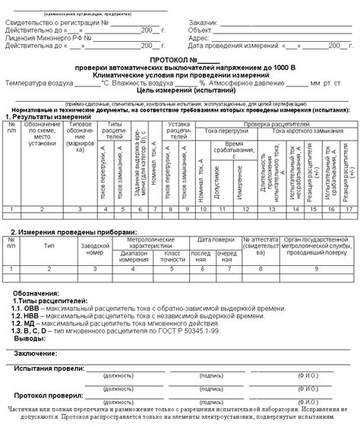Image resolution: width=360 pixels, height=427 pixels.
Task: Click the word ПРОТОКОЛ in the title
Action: click(164, 59)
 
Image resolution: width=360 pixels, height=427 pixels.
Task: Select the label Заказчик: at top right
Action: click(203, 23)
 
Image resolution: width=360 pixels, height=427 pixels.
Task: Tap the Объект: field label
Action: click(201, 30)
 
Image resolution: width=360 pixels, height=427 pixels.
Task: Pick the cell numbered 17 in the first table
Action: click(348, 208)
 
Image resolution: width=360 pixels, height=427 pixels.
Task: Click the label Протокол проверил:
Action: click(48, 395)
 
